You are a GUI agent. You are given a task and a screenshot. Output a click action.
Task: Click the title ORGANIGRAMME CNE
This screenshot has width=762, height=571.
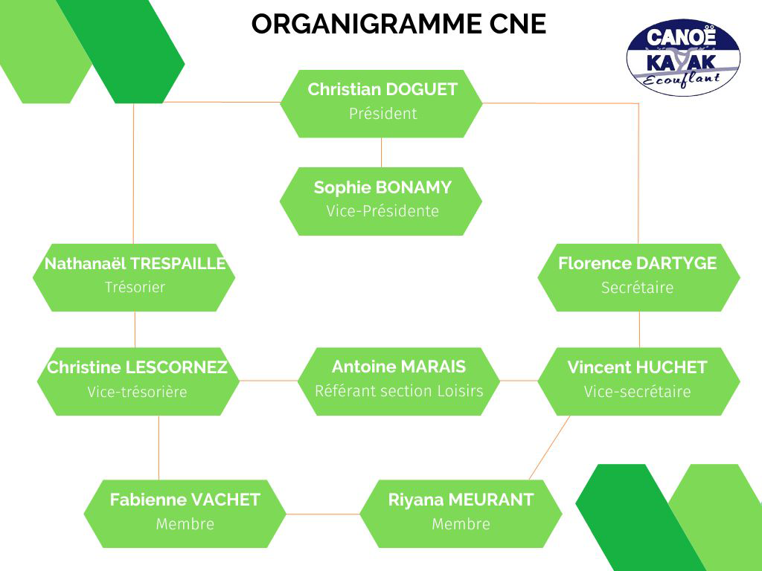399,24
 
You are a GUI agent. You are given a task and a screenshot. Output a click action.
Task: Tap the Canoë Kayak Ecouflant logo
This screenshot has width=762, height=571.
683,57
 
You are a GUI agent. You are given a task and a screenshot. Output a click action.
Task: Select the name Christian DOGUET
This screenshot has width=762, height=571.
382,89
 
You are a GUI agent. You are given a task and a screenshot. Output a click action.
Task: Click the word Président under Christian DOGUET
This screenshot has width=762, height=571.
383,114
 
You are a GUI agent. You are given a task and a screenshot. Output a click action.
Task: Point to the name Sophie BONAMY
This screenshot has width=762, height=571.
382,187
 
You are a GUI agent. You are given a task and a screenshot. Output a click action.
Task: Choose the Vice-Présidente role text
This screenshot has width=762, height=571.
382,211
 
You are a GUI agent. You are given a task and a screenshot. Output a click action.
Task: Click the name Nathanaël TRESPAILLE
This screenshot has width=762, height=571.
135,263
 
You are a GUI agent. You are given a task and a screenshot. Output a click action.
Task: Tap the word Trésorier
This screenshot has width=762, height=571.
135,287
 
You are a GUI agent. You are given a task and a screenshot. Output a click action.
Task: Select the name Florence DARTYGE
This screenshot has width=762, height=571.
637,263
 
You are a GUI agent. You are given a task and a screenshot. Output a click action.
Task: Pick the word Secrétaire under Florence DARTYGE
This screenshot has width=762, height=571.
637,288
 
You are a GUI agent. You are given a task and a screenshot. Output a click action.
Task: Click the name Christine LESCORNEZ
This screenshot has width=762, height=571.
137,367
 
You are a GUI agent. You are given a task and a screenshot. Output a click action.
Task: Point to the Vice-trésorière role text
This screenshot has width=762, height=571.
137,392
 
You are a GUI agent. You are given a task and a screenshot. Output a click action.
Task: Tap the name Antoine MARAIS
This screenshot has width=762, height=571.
399,367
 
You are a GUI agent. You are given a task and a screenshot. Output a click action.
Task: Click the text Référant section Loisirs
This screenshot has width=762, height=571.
399,391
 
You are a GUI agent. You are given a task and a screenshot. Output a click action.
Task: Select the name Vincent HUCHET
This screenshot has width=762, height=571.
637,367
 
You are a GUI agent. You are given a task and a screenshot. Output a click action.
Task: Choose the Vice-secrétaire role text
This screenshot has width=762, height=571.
637,391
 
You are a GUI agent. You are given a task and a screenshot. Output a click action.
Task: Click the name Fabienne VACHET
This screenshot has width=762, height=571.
185,500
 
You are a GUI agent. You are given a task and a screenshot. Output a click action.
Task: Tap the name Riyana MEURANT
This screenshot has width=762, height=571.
461,500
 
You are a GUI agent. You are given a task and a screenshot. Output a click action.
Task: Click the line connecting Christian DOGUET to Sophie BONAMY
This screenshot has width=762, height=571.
382,152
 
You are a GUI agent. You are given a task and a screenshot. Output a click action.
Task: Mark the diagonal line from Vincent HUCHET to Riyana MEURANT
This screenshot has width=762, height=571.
549,448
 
